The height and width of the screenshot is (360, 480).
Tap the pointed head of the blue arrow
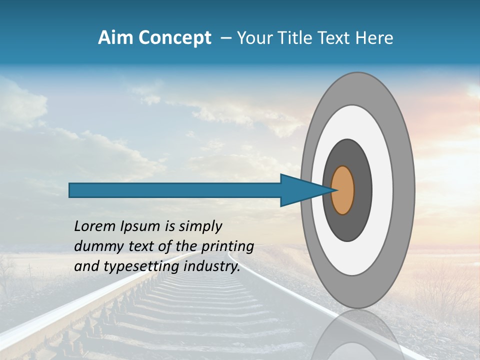tap(300, 190)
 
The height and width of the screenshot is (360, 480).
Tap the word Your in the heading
tap(253, 38)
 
